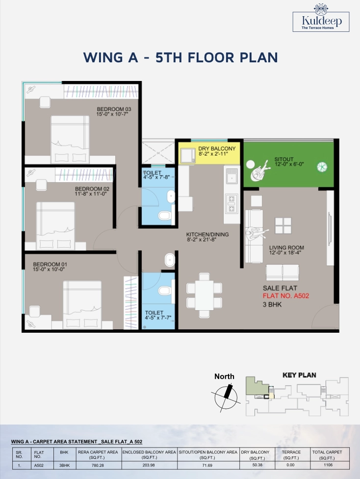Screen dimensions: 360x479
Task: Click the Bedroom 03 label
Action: [x=114, y=109]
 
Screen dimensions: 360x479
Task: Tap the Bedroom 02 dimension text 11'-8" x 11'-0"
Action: [x=91, y=194]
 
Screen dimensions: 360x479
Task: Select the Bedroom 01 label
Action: [x=50, y=264]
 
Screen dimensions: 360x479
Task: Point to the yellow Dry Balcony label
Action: [x=217, y=149]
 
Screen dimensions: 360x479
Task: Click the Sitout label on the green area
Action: [x=284, y=159]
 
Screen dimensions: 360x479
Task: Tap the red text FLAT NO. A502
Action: [x=286, y=296]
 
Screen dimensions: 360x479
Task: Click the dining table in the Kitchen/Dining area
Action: [x=204, y=295]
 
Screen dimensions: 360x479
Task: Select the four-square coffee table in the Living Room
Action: [x=283, y=226]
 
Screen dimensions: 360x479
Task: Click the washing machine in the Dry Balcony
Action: [x=188, y=156]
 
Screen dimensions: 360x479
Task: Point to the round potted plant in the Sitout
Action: [x=322, y=167]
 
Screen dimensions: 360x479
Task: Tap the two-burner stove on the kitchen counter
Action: [x=232, y=204]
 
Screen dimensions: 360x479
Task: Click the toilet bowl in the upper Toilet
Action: [x=165, y=215]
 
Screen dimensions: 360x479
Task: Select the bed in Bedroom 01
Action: [x=82, y=305]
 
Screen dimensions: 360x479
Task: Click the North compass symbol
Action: [x=226, y=397]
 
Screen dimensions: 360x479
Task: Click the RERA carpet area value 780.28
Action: [x=98, y=465]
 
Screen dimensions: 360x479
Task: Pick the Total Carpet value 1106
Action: [x=328, y=465]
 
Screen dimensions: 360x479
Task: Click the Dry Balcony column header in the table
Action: [x=255, y=454]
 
